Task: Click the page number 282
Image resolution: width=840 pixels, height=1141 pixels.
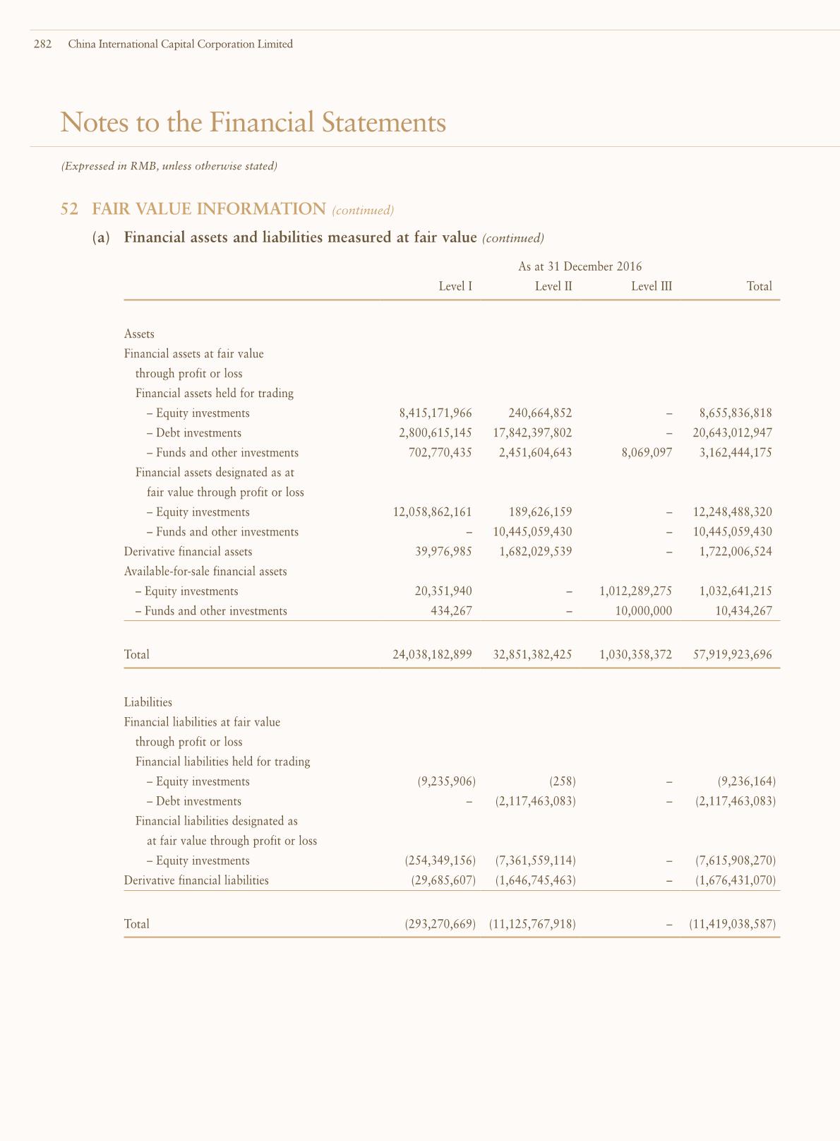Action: [x=43, y=44]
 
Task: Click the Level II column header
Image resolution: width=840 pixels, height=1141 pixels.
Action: [x=553, y=286]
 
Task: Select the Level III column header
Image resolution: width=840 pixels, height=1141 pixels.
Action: [x=652, y=286]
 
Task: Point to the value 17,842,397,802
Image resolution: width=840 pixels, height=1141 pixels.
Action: [x=532, y=433]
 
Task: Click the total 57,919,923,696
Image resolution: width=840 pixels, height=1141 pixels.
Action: [x=733, y=655]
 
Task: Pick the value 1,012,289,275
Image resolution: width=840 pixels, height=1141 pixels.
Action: [x=635, y=591]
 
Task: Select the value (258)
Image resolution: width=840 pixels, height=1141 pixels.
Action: [x=563, y=781]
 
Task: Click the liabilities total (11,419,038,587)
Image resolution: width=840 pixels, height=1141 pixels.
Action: [x=732, y=924]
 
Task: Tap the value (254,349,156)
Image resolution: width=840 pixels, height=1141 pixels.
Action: [x=440, y=861]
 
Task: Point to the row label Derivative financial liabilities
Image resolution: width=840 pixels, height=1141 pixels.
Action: [x=196, y=880]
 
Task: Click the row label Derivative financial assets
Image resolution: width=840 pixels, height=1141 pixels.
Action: [x=188, y=552]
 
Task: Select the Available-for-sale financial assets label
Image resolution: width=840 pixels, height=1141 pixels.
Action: [x=205, y=572]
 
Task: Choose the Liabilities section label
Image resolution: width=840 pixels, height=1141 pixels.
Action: [x=148, y=702]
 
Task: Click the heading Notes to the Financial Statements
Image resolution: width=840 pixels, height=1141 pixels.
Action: [x=253, y=122]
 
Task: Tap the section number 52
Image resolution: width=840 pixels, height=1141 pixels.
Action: [x=69, y=209]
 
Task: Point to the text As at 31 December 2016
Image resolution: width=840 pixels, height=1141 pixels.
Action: [x=580, y=266]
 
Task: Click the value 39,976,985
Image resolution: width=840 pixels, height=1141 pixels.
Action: [x=444, y=552]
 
